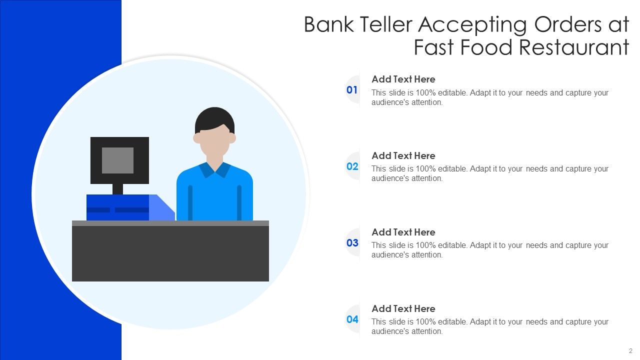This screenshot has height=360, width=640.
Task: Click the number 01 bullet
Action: (x=352, y=90)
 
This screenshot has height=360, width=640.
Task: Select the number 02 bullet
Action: (x=352, y=166)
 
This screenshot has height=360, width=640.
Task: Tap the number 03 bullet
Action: (x=352, y=243)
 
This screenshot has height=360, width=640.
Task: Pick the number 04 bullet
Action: (x=352, y=319)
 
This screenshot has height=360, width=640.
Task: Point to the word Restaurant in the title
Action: (x=574, y=48)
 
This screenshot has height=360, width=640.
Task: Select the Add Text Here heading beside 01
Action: (x=403, y=79)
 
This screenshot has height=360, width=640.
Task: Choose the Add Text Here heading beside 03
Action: (x=403, y=232)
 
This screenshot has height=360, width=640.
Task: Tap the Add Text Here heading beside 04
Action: (x=403, y=308)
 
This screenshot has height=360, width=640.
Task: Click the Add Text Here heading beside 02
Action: (x=403, y=155)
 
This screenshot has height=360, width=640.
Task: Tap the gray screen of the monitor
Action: (x=117, y=160)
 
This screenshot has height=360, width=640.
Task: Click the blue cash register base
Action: (x=118, y=207)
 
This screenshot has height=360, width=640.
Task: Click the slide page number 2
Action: (x=630, y=351)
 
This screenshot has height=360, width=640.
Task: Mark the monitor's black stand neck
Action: (x=117, y=189)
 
